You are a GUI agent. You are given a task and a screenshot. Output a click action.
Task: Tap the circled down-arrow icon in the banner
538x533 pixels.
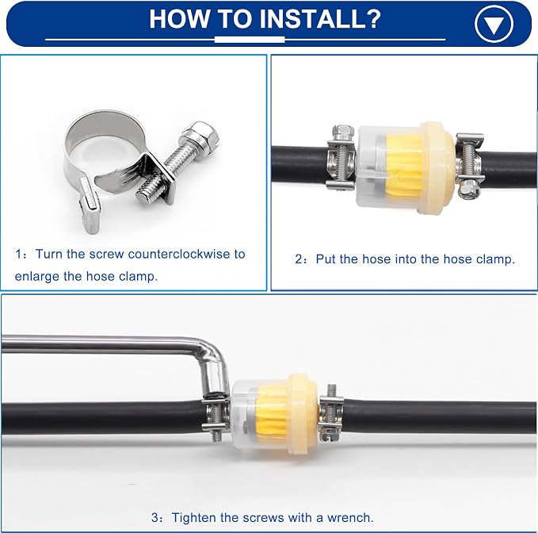[494, 24]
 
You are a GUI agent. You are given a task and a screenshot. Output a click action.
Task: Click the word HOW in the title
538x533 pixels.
[178, 19]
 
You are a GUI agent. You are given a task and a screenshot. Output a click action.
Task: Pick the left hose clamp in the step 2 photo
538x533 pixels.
[341, 158]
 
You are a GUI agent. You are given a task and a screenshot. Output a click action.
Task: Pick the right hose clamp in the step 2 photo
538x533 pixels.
[469, 166]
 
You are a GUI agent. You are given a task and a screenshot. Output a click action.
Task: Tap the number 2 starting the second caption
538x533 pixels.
[299, 259]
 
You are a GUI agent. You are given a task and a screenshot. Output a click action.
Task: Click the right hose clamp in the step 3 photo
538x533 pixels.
[330, 413]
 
